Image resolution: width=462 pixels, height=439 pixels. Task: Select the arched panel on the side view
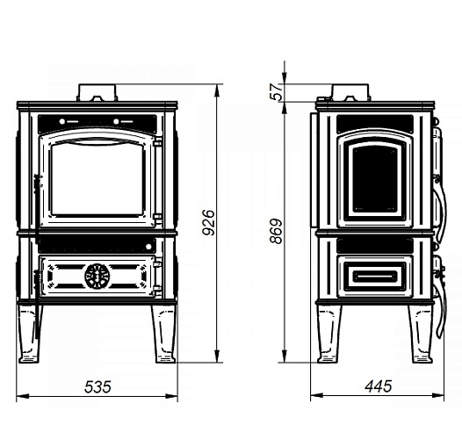[x=375, y=179]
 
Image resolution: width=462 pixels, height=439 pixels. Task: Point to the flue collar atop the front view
[x=97, y=92]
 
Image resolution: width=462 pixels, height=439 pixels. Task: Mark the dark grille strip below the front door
[x=97, y=245]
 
